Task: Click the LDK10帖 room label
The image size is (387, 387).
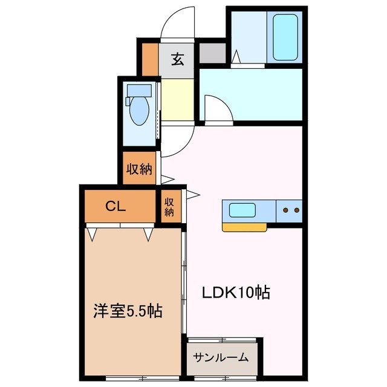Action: tap(235, 293)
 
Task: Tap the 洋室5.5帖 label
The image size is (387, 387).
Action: tap(127, 311)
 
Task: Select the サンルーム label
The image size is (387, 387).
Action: tap(221, 357)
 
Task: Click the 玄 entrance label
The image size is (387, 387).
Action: tap(177, 59)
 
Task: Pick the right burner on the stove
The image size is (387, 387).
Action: tap(296, 211)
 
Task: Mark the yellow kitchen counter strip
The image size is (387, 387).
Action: tap(245, 227)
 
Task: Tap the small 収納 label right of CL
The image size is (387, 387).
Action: tap(170, 207)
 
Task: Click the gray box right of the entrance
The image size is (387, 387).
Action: tap(212, 53)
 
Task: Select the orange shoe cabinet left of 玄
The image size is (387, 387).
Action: tap(149, 59)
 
